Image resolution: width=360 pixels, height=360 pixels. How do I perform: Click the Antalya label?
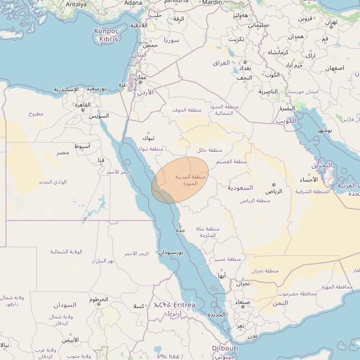pyautogui.click(x=76, y=4)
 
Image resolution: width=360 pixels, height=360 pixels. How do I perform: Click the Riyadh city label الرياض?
pyautogui.click(x=274, y=191)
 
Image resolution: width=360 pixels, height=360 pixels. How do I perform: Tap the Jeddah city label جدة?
pyautogui.click(x=181, y=230)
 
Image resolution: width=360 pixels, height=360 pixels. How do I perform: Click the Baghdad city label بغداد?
pyautogui.click(x=245, y=69)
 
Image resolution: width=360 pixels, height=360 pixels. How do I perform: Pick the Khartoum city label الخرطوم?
pyautogui.click(x=99, y=299)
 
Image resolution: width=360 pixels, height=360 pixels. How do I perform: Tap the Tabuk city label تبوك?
pyautogui.click(x=149, y=138)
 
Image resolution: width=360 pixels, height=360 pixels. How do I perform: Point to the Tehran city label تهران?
pyautogui.click(x=331, y=22)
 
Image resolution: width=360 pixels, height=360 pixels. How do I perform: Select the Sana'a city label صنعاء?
pyautogui.click(x=242, y=302)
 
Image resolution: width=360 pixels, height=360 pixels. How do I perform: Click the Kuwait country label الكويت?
pyautogui.click(x=287, y=120)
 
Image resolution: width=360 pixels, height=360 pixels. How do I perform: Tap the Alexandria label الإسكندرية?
pyautogui.click(x=66, y=89)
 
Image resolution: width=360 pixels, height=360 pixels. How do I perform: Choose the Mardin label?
pyautogui.click(x=212, y=3)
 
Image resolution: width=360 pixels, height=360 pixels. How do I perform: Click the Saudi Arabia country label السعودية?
pyautogui.click(x=240, y=188)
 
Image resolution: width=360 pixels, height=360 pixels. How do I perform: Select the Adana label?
pyautogui.click(x=133, y=3)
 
